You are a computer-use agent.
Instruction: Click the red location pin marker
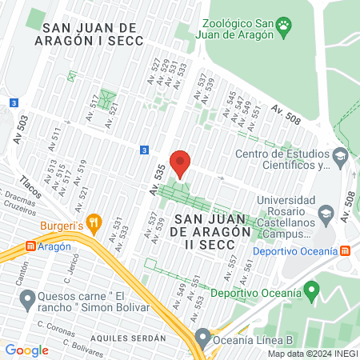[x=180, y=164]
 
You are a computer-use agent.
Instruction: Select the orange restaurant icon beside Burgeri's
[x=94, y=223]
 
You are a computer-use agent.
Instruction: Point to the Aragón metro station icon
[x=31, y=247]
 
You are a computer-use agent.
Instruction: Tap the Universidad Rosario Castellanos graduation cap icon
[x=325, y=214]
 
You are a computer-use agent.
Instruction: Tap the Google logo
[x=26, y=350]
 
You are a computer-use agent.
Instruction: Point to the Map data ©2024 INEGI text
[x=312, y=354]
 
